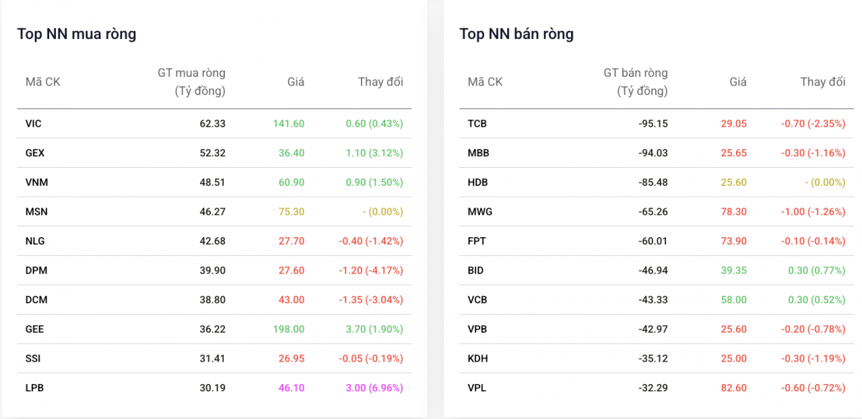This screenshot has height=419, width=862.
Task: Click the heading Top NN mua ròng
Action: point(77,34)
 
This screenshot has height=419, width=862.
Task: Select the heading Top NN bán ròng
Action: point(517,34)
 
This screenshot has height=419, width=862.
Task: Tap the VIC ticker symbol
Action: point(34,123)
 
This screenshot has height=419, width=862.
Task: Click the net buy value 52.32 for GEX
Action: point(212,153)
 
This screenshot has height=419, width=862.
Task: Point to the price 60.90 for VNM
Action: point(292,182)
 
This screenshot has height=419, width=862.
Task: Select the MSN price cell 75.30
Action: point(292,212)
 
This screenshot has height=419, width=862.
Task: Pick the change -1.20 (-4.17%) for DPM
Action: point(370,270)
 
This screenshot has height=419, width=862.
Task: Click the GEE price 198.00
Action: point(288,329)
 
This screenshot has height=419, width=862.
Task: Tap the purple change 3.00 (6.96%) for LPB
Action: point(370,388)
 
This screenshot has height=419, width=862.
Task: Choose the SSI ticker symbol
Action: point(33,358)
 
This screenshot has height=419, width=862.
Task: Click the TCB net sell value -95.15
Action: point(653,123)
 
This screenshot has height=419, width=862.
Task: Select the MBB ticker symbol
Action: point(478,153)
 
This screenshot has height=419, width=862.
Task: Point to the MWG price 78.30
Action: point(734,212)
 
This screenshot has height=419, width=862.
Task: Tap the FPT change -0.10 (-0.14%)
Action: point(814,241)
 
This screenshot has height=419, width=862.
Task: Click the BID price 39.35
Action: point(734,270)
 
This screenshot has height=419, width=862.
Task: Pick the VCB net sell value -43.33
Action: point(653,300)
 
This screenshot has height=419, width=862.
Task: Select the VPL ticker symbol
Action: point(477,388)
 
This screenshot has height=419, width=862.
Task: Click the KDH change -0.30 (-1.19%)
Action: point(814,358)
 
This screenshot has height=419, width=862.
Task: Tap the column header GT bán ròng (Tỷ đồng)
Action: point(635,82)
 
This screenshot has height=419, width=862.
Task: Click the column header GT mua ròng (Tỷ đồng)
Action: point(192,82)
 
